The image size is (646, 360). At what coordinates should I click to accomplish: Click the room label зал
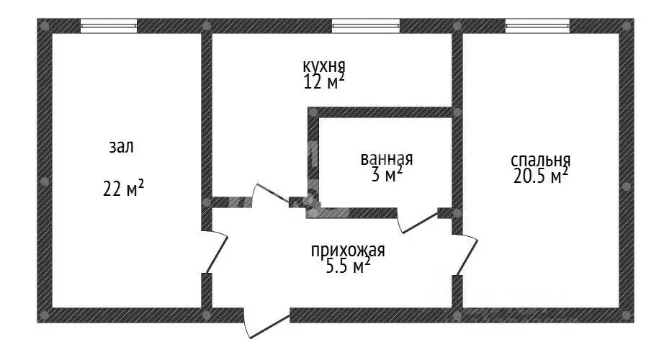[121, 147]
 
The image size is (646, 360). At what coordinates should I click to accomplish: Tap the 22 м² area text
[123, 189]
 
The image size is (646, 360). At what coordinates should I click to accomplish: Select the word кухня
[324, 66]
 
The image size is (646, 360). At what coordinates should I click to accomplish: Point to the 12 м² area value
[324, 81]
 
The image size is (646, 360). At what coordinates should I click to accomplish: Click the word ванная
[387, 158]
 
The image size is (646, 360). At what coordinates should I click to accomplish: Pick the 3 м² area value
[387, 175]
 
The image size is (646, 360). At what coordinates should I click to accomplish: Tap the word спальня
[541, 161]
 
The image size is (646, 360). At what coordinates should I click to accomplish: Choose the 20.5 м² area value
[541, 176]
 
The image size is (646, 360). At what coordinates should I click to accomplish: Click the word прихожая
[348, 251]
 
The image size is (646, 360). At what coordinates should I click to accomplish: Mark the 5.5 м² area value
[348, 266]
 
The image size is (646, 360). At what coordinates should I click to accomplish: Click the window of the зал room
[108, 26]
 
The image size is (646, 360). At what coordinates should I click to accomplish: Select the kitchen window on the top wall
[365, 26]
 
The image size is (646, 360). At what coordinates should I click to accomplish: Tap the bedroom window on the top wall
[538, 26]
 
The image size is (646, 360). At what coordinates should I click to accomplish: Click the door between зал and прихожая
[216, 252]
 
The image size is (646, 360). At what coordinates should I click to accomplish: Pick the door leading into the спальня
[465, 255]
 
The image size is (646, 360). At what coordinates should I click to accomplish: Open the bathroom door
[416, 220]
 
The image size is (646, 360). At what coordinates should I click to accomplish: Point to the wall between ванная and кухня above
[382, 112]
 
